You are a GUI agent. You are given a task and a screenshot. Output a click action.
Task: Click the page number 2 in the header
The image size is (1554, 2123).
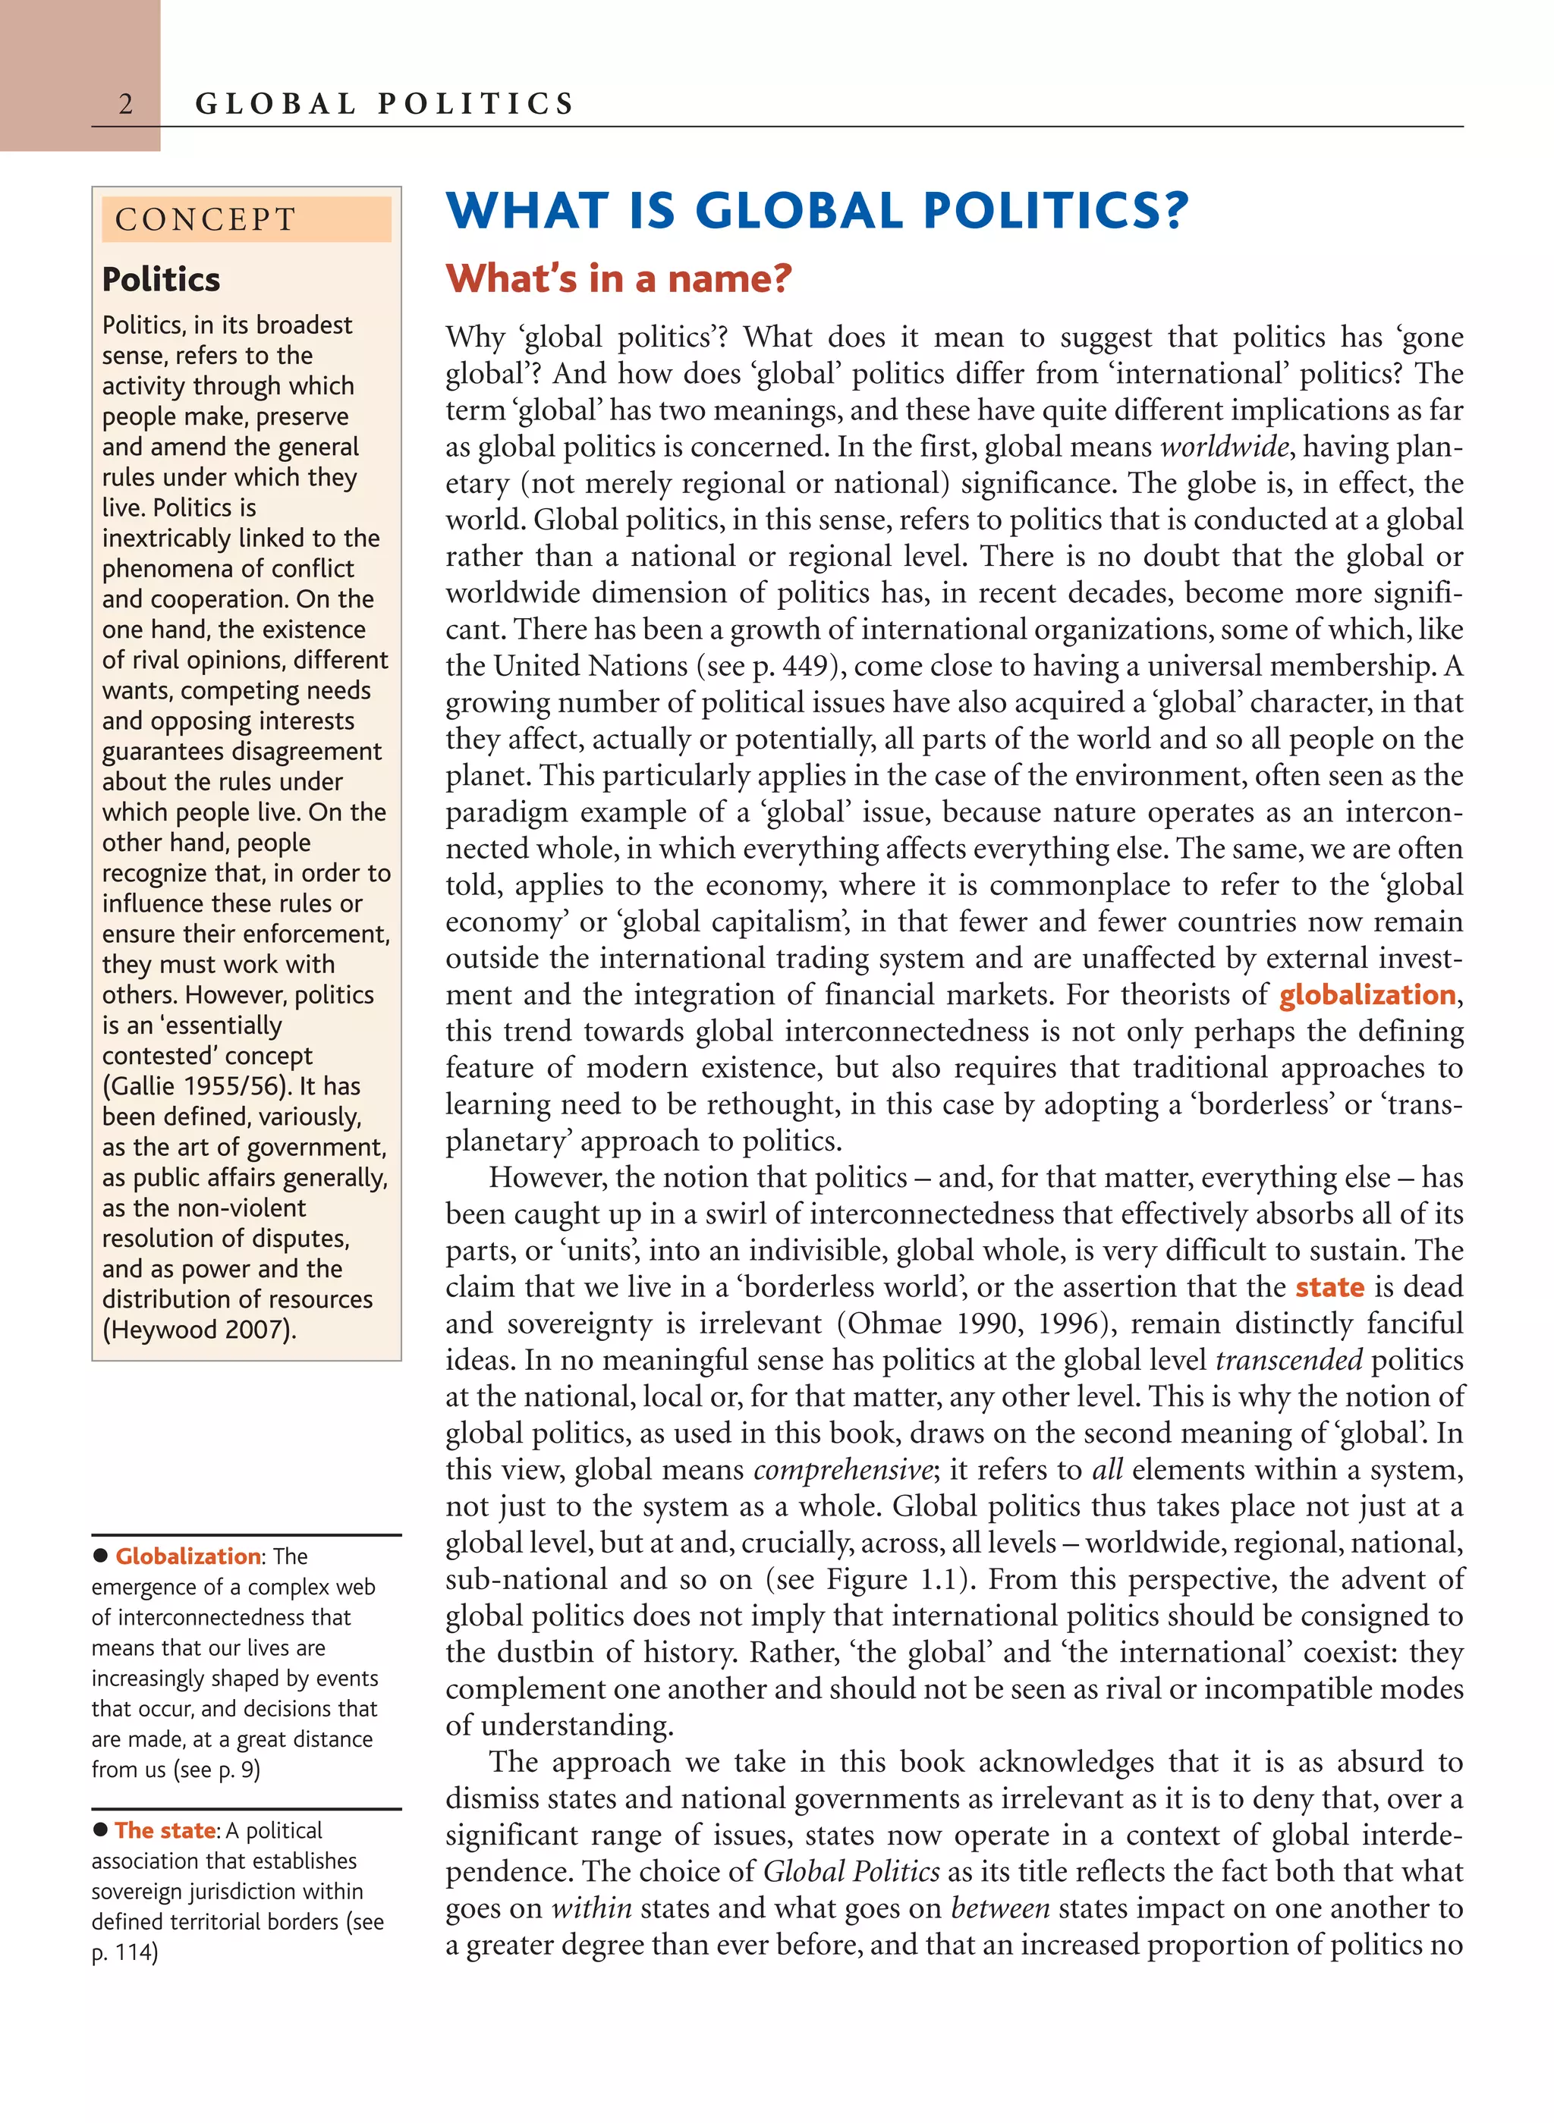coord(125,103)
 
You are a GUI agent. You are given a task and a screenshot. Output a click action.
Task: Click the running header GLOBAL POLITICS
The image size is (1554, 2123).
coord(384,103)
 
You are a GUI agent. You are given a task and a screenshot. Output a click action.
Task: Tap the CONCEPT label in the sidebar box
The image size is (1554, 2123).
coord(205,220)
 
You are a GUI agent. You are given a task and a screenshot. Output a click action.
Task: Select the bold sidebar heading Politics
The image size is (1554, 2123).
coord(161,279)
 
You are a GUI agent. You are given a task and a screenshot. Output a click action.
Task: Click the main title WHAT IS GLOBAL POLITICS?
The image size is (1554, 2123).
coord(816,211)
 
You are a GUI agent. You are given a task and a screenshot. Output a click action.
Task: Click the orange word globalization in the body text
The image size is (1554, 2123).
coord(1367,994)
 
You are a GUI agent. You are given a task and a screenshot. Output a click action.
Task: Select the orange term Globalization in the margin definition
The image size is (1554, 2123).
coord(187,1556)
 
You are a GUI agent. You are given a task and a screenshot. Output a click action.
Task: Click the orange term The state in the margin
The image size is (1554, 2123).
coord(165,1830)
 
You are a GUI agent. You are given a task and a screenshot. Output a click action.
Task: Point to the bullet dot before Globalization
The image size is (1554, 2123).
coord(101,1556)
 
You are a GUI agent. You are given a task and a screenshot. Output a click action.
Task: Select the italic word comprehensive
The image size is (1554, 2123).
coord(842,1469)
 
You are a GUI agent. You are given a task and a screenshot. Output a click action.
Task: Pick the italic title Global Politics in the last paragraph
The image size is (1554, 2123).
coord(851,1871)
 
